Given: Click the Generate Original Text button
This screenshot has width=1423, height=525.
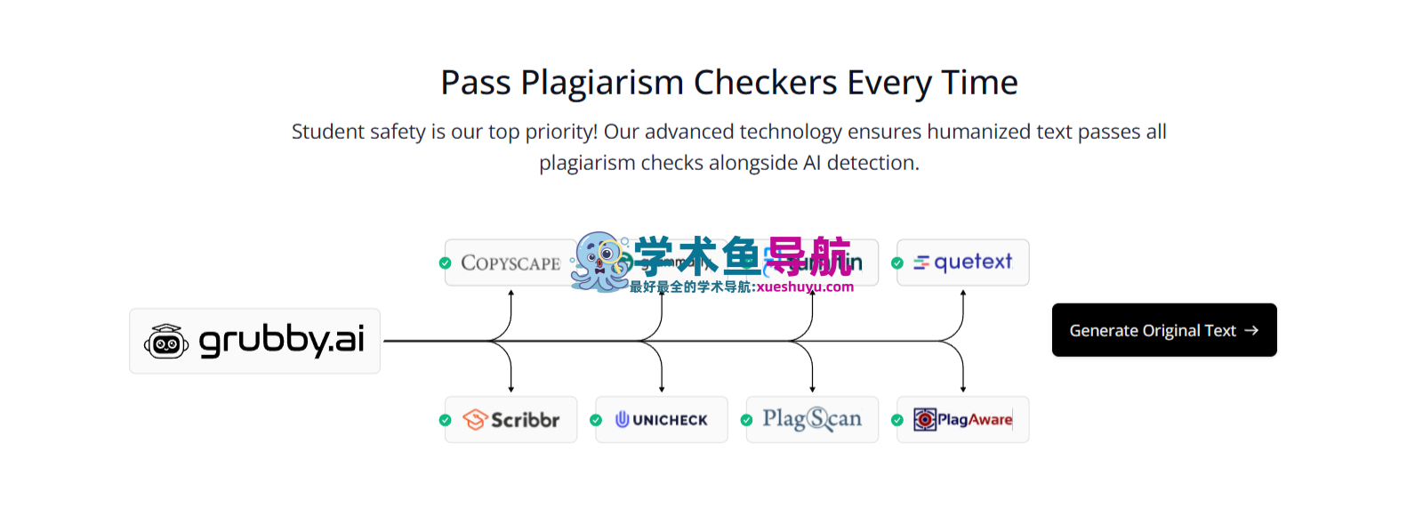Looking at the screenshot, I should [x=1163, y=330].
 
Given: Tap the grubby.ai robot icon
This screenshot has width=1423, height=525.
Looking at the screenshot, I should [x=166, y=342].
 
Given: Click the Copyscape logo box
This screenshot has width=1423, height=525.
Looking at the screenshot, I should [x=511, y=262].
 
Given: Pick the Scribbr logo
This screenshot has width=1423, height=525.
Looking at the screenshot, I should [x=511, y=419].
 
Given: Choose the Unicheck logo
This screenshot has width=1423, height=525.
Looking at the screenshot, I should [x=662, y=419].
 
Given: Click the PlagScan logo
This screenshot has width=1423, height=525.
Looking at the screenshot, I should [x=812, y=419].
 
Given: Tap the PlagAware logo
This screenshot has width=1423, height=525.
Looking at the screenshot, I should [x=963, y=419].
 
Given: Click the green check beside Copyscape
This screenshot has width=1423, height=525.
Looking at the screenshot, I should [x=445, y=263].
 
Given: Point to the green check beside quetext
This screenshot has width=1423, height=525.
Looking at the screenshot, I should [x=897, y=263].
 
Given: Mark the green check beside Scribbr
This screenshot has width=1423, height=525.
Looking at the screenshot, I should [x=445, y=420].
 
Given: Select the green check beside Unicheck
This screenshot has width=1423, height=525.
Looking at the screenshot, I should [x=596, y=420].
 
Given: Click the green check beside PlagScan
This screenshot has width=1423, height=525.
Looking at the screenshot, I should [x=746, y=420].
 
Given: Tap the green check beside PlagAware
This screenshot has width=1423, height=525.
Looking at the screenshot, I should [x=897, y=420].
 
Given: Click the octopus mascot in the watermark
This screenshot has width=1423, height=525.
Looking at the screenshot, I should [x=599, y=262].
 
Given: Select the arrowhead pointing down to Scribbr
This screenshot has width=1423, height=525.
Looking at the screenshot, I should [x=511, y=388].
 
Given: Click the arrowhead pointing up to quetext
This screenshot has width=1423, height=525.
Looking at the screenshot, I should [x=963, y=293].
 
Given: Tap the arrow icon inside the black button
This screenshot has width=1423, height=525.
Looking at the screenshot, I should [x=1251, y=330].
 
